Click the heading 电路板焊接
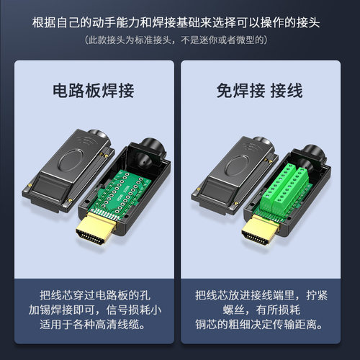point(92,91)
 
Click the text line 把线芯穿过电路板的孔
point(93,295)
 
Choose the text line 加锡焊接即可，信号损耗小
point(93,310)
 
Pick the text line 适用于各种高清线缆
point(93,325)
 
